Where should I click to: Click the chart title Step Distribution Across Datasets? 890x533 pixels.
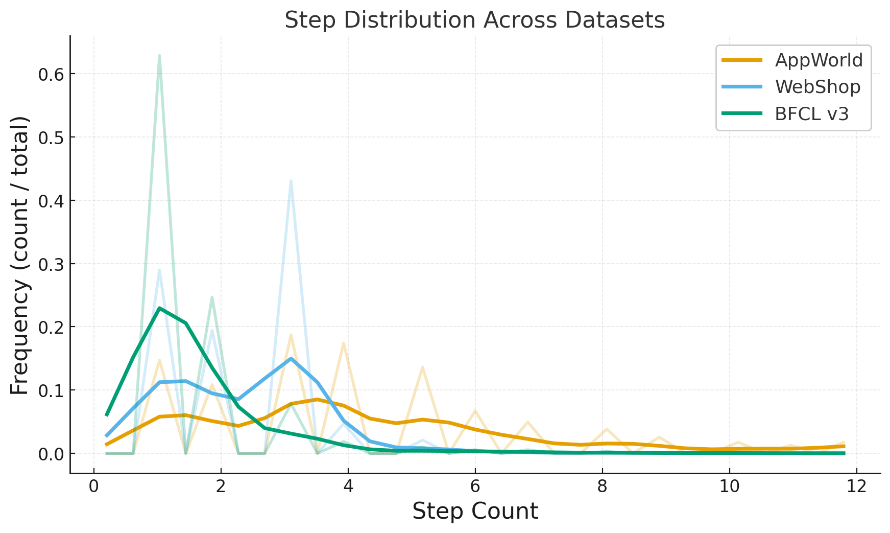pyautogui.click(x=474, y=20)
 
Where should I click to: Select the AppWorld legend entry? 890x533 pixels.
pyautogui.click(x=819, y=60)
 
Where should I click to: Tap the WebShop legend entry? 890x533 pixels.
pyautogui.click(x=817, y=87)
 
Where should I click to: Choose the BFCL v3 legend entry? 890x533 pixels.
pyautogui.click(x=811, y=113)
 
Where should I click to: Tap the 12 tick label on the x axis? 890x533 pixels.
pyautogui.click(x=856, y=486)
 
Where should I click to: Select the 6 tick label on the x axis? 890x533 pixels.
pyautogui.click(x=475, y=486)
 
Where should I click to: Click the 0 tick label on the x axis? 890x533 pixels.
pyautogui.click(x=93, y=486)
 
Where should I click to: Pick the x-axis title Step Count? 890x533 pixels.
pyautogui.click(x=475, y=512)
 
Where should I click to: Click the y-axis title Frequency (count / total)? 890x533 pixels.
pyautogui.click(x=20, y=255)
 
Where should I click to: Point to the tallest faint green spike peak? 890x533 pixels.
pyautogui.click(x=159, y=55)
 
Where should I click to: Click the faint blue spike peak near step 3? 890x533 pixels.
pyautogui.click(x=291, y=181)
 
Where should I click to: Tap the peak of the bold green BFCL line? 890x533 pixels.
pyautogui.click(x=160, y=308)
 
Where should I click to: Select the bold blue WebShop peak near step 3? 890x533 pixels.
pyautogui.click(x=291, y=358)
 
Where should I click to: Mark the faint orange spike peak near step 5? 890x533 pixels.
pyautogui.click(x=423, y=367)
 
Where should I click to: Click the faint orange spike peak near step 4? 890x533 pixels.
pyautogui.click(x=344, y=343)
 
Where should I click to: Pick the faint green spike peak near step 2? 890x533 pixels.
pyautogui.click(x=212, y=297)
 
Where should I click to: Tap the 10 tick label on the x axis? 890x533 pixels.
pyautogui.click(x=729, y=486)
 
